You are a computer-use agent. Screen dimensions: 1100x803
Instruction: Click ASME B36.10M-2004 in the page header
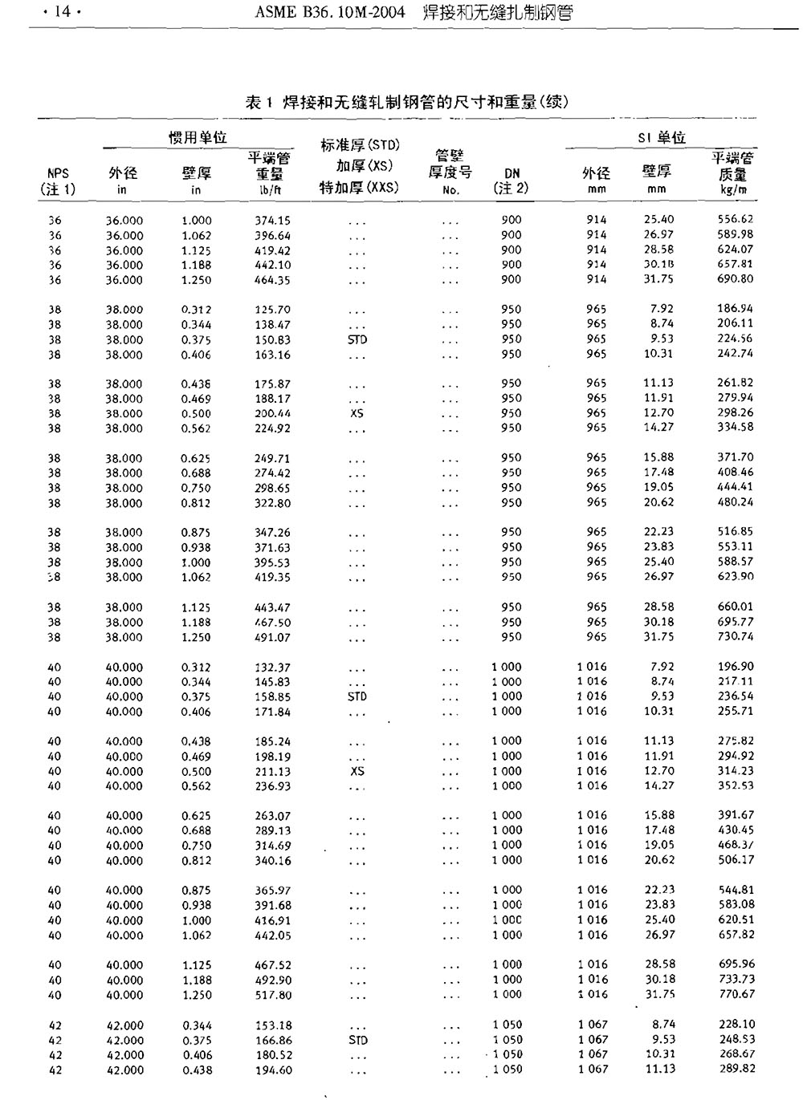(x=329, y=12)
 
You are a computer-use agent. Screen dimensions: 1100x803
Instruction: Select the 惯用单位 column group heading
(x=198, y=137)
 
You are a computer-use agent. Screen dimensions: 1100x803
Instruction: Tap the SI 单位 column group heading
(x=662, y=137)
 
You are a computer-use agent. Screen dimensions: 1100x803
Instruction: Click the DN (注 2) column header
(x=512, y=181)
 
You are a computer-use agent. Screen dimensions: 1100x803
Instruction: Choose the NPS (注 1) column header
(x=58, y=181)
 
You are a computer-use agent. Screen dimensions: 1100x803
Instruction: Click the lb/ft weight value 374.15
(x=273, y=221)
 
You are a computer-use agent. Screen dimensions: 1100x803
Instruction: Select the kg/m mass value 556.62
(x=736, y=219)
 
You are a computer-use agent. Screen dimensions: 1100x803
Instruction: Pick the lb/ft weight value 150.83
(x=273, y=339)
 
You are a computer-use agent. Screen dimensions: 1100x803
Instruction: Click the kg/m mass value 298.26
(x=736, y=412)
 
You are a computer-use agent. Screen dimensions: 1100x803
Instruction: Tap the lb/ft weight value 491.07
(x=273, y=638)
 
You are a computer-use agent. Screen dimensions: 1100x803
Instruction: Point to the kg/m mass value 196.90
(x=736, y=666)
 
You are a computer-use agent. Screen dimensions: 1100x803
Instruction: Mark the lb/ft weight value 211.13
(x=273, y=771)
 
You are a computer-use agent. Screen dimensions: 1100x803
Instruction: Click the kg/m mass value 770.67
(x=736, y=994)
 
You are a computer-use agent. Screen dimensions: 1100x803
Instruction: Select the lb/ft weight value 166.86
(x=273, y=1040)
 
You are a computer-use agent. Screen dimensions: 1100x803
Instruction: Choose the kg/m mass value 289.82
(x=736, y=1069)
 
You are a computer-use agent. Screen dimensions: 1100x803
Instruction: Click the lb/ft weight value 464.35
(x=273, y=280)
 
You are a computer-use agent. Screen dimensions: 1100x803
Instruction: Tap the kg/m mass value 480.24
(x=736, y=502)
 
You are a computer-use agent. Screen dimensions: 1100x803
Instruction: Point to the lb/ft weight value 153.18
(x=273, y=1025)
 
